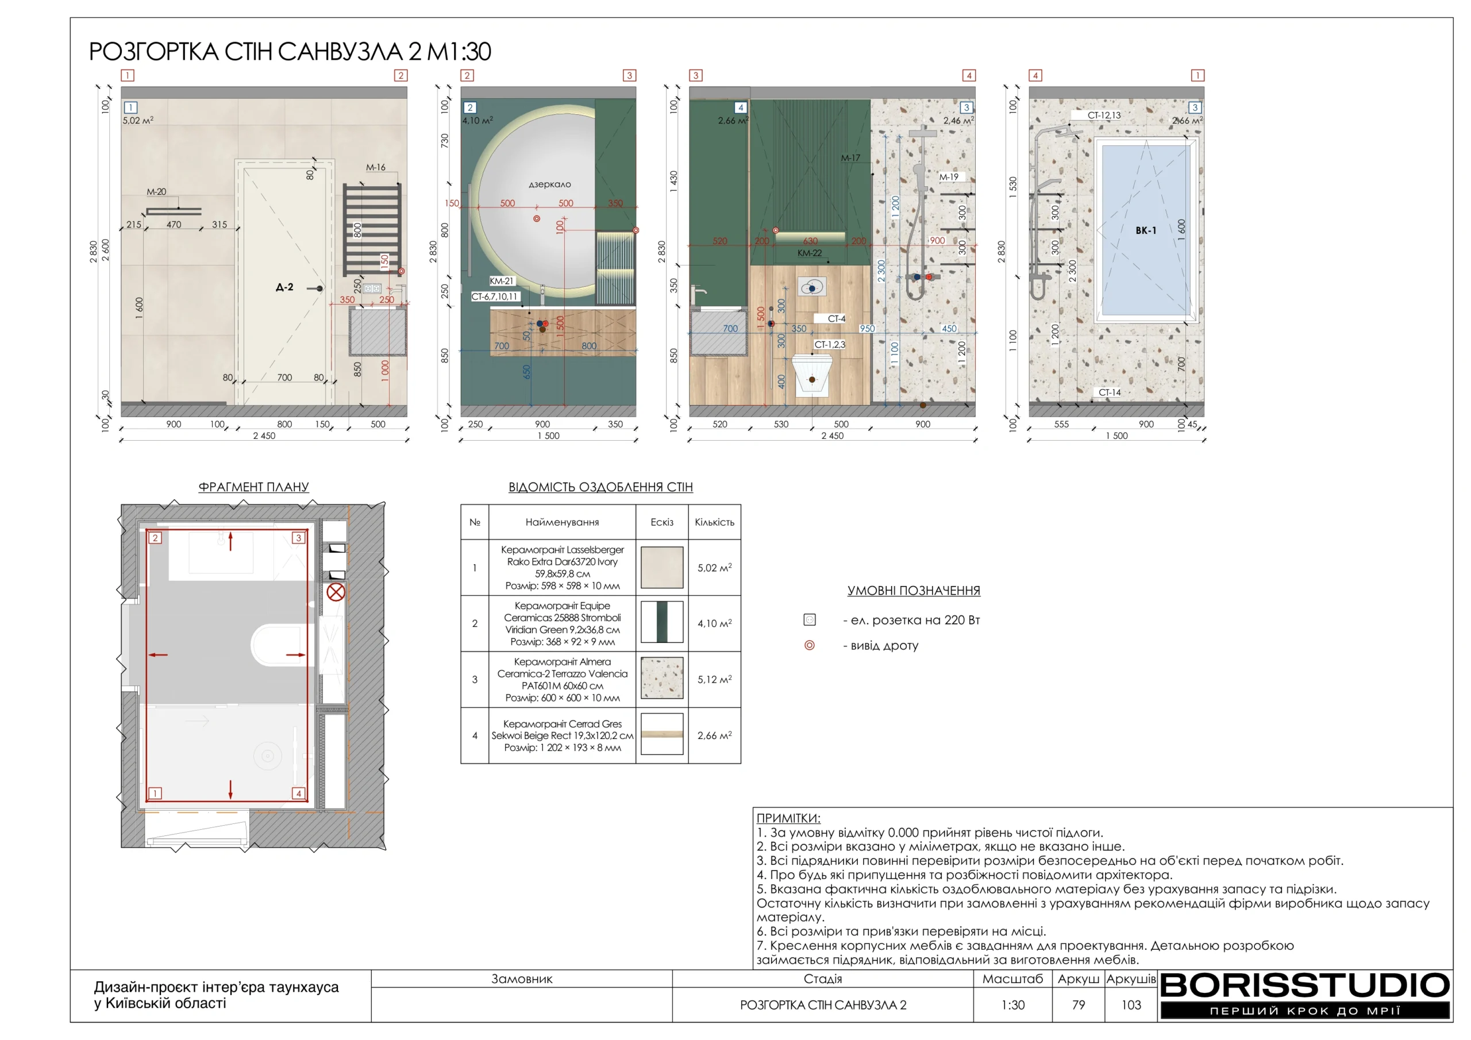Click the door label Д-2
pyautogui.click(x=284, y=287)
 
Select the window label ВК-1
pyautogui.click(x=1146, y=230)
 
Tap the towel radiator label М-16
pyautogui.click(x=375, y=167)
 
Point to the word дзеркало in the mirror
pyautogui.click(x=549, y=184)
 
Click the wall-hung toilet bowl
pyautogui.click(x=812, y=374)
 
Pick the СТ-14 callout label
pyautogui.click(x=1110, y=392)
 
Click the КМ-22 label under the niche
pyautogui.click(x=809, y=253)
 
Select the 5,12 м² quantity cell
pyautogui.click(x=714, y=679)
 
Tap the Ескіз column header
pyautogui.click(x=662, y=522)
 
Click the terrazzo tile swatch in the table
pyautogui.click(x=662, y=678)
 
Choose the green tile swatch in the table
pyautogui.click(x=662, y=622)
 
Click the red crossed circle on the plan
pyautogui.click(x=336, y=591)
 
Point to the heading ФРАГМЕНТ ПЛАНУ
pyautogui.click(x=254, y=487)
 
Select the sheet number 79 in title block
pyautogui.click(x=1079, y=1005)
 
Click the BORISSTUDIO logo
pyautogui.click(x=1304, y=995)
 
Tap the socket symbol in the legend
pyautogui.click(x=809, y=619)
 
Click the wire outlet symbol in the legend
pyautogui.click(x=809, y=645)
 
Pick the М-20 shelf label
pyautogui.click(x=156, y=191)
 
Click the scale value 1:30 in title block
pyautogui.click(x=1013, y=1005)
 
